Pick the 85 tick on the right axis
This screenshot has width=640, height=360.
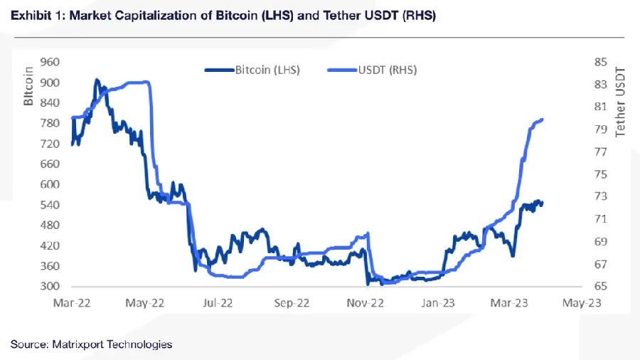click(599, 62)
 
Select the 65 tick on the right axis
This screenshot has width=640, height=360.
click(599, 287)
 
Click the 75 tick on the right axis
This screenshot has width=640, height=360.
click(599, 174)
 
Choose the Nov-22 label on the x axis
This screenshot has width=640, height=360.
click(365, 302)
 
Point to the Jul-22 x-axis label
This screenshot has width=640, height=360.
click(218, 302)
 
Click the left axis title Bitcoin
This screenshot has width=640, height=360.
click(29, 86)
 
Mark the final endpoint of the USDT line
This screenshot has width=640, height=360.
click(543, 120)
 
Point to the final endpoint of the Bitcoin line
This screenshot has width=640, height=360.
click(543, 203)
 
